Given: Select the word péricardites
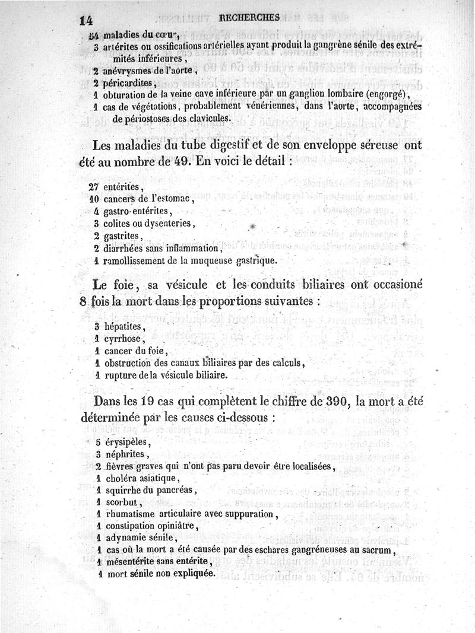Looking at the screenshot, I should tap(128, 83).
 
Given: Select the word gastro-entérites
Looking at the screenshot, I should tap(137, 211).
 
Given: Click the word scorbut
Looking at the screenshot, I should tap(121, 502).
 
